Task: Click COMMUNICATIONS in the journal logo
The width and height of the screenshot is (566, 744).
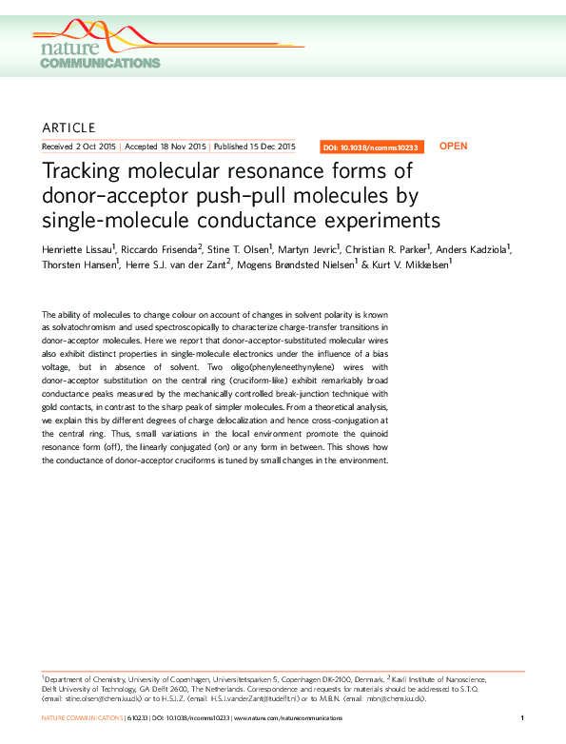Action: (100, 63)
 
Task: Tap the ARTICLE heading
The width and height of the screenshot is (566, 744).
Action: (69, 127)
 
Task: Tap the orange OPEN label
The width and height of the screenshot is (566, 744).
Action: (454, 147)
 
